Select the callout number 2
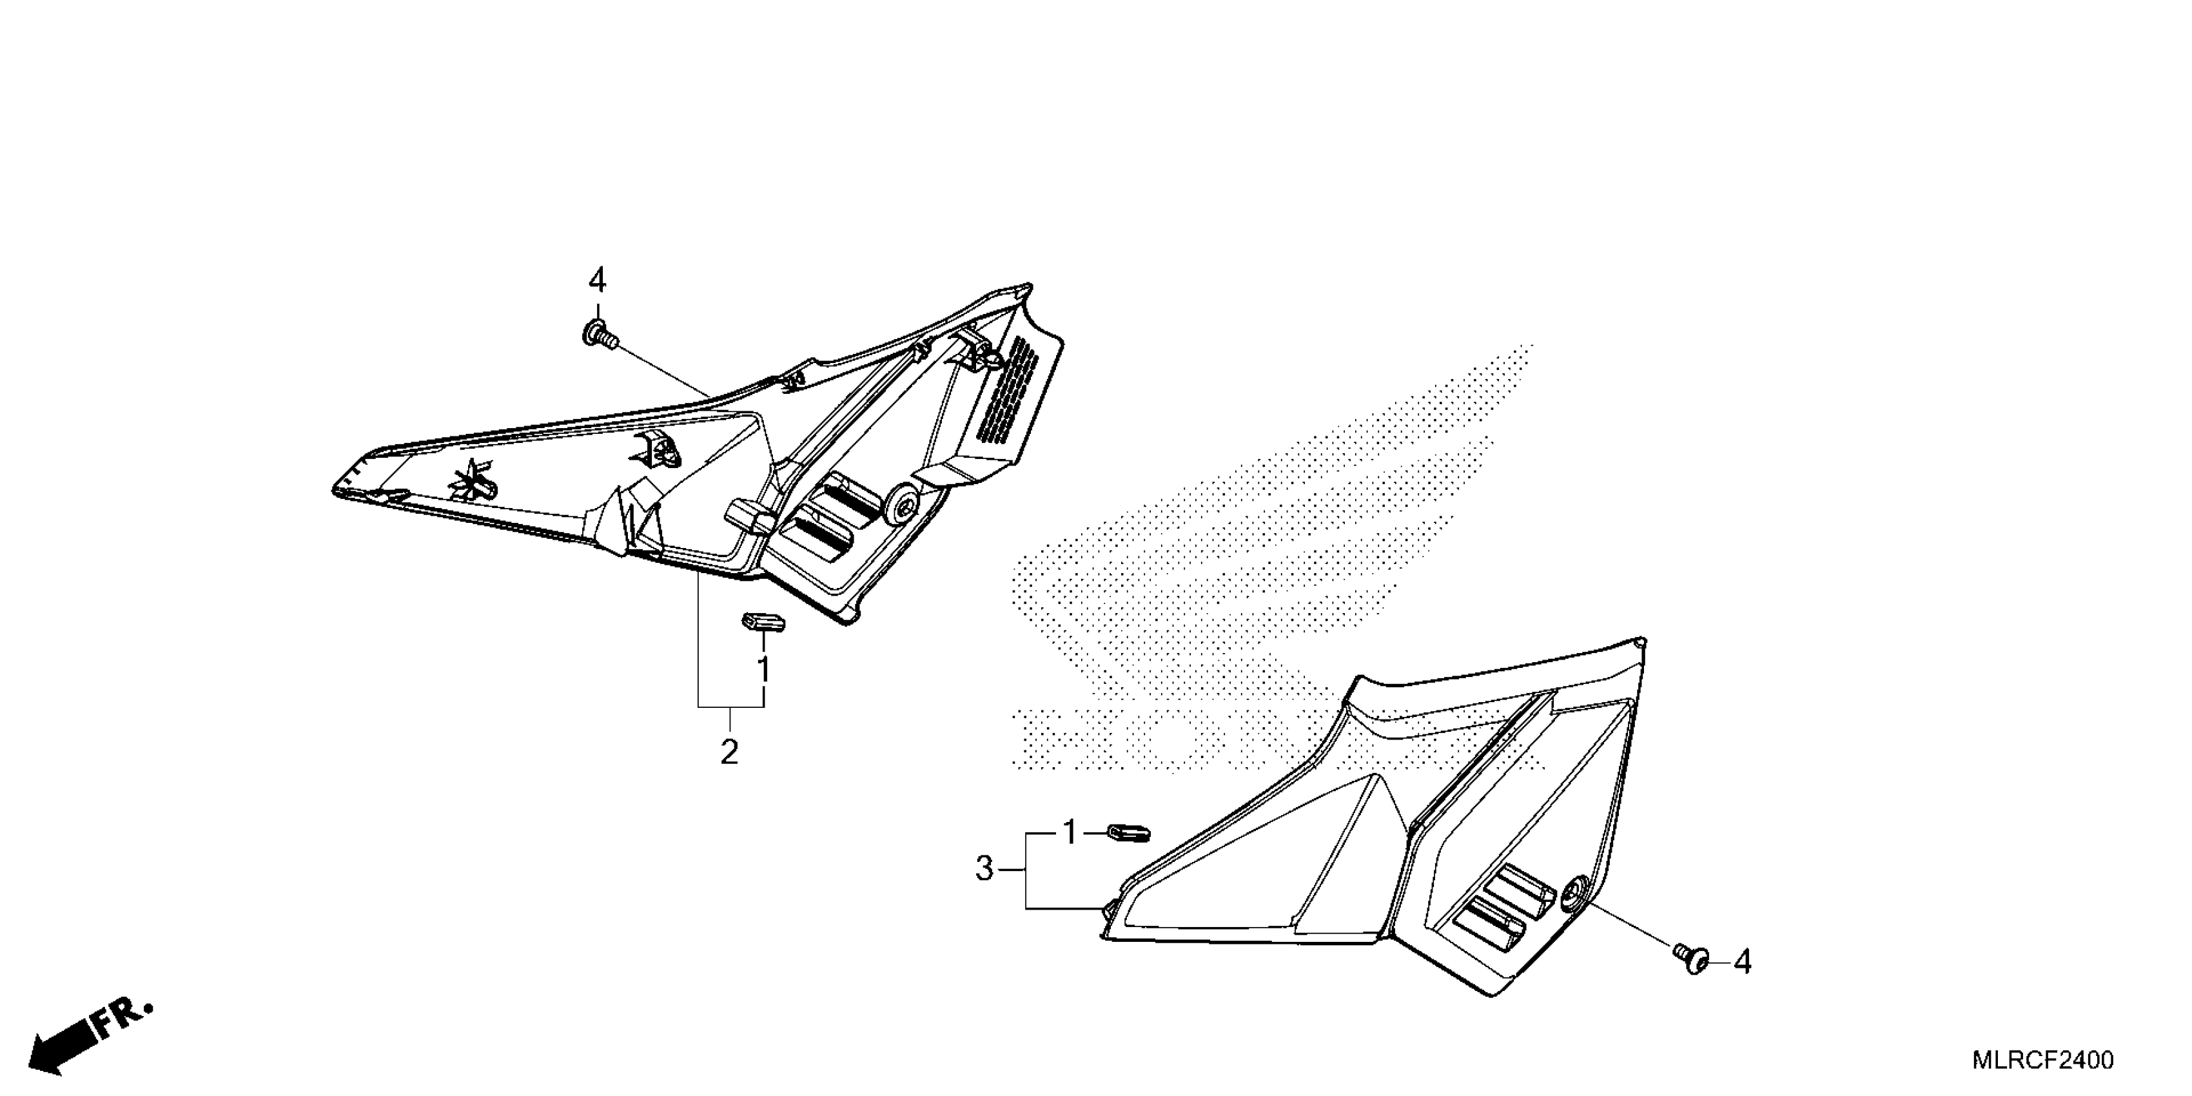point(729,751)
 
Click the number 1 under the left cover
point(763,670)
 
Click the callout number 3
point(984,869)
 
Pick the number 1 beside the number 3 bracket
point(1070,832)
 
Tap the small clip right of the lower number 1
point(1128,832)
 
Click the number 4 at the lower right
point(1743,963)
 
